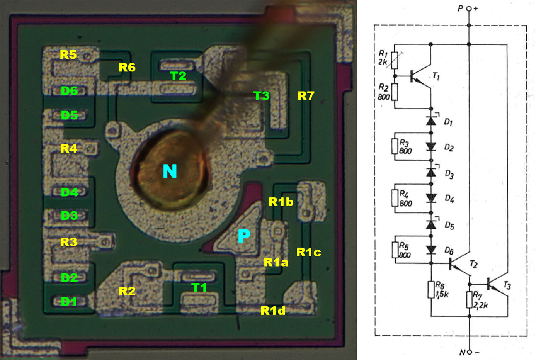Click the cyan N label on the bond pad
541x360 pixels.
click(x=170, y=171)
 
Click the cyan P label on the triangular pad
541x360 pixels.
click(x=244, y=236)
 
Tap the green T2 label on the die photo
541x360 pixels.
click(x=178, y=76)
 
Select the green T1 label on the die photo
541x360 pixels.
click(x=199, y=287)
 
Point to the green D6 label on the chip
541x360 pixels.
click(x=69, y=91)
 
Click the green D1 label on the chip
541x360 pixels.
click(x=69, y=302)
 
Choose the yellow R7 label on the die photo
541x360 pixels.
click(x=306, y=96)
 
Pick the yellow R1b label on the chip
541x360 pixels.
click(x=281, y=202)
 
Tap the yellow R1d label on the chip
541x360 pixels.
click(x=273, y=311)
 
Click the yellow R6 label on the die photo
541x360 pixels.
click(x=127, y=67)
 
